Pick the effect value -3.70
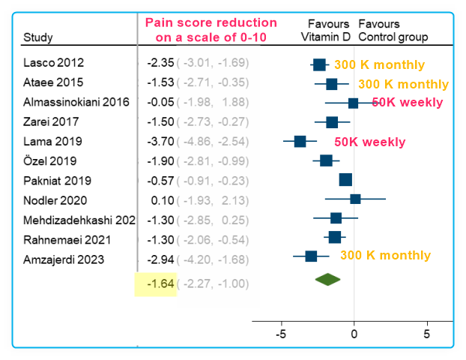point(160,140)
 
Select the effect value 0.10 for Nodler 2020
point(162,200)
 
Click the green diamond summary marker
point(327,279)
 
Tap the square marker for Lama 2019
point(300,141)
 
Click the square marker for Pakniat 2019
point(345,179)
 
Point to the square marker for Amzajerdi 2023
point(311,256)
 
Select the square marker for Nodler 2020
point(355,199)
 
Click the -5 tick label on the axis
point(281,334)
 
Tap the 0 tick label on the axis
point(354,334)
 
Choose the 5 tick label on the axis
point(427,334)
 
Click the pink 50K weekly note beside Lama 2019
point(369,142)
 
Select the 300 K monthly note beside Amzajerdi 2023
point(385,256)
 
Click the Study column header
point(38,37)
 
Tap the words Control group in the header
point(393,37)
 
